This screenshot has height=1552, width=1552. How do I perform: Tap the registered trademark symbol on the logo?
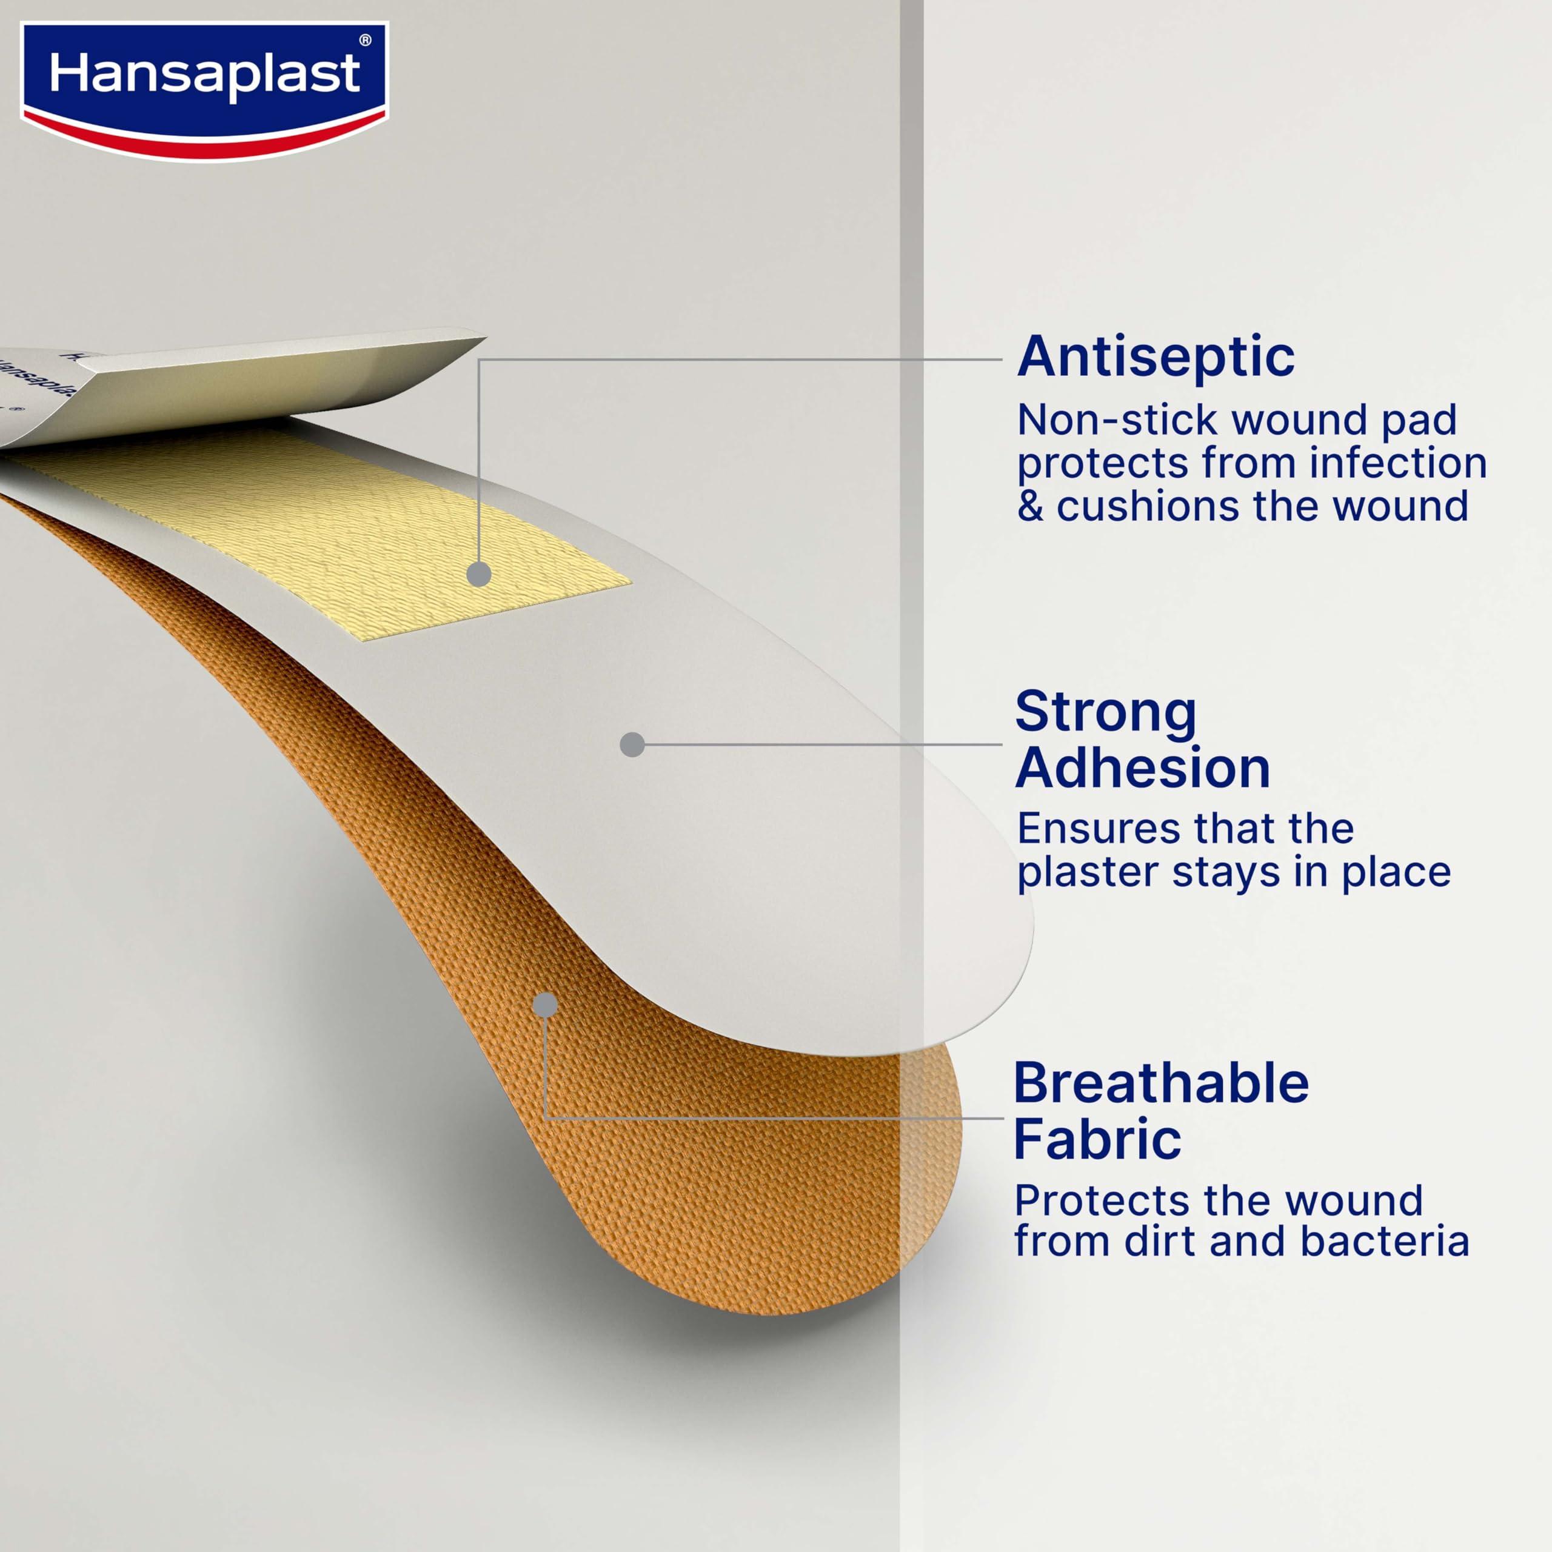tap(366, 40)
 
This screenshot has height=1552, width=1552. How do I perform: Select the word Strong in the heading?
tap(1105, 712)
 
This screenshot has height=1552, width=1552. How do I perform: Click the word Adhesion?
tap(1142, 768)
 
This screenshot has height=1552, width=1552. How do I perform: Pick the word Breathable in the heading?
tap(1161, 1083)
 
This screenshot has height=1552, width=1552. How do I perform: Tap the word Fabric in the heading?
tap(1097, 1139)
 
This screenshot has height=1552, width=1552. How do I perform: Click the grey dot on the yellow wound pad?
tap(479, 574)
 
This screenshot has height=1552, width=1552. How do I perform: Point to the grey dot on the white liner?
tap(632, 744)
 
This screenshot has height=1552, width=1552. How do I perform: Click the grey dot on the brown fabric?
tap(546, 1004)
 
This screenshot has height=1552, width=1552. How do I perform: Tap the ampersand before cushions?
tap(1030, 507)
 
